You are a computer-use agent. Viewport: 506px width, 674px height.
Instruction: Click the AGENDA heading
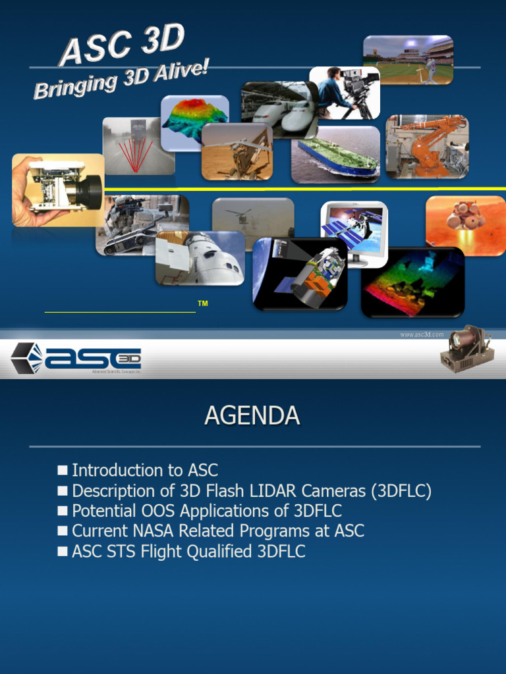[252, 416]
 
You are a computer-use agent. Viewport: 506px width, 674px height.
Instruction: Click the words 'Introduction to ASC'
[144, 471]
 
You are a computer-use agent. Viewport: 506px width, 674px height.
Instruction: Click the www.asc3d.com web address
[422, 334]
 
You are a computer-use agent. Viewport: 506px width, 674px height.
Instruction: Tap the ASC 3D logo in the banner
[76, 358]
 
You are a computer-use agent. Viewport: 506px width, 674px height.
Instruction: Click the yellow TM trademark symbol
[203, 303]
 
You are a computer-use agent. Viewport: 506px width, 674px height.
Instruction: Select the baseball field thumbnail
[408, 60]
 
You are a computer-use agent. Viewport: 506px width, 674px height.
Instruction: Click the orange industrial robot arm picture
[427, 146]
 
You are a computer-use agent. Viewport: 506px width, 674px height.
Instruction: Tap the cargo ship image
[335, 155]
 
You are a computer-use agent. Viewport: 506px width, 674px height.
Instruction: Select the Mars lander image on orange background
[465, 224]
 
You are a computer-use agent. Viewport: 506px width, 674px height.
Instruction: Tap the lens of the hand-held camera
[88, 192]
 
